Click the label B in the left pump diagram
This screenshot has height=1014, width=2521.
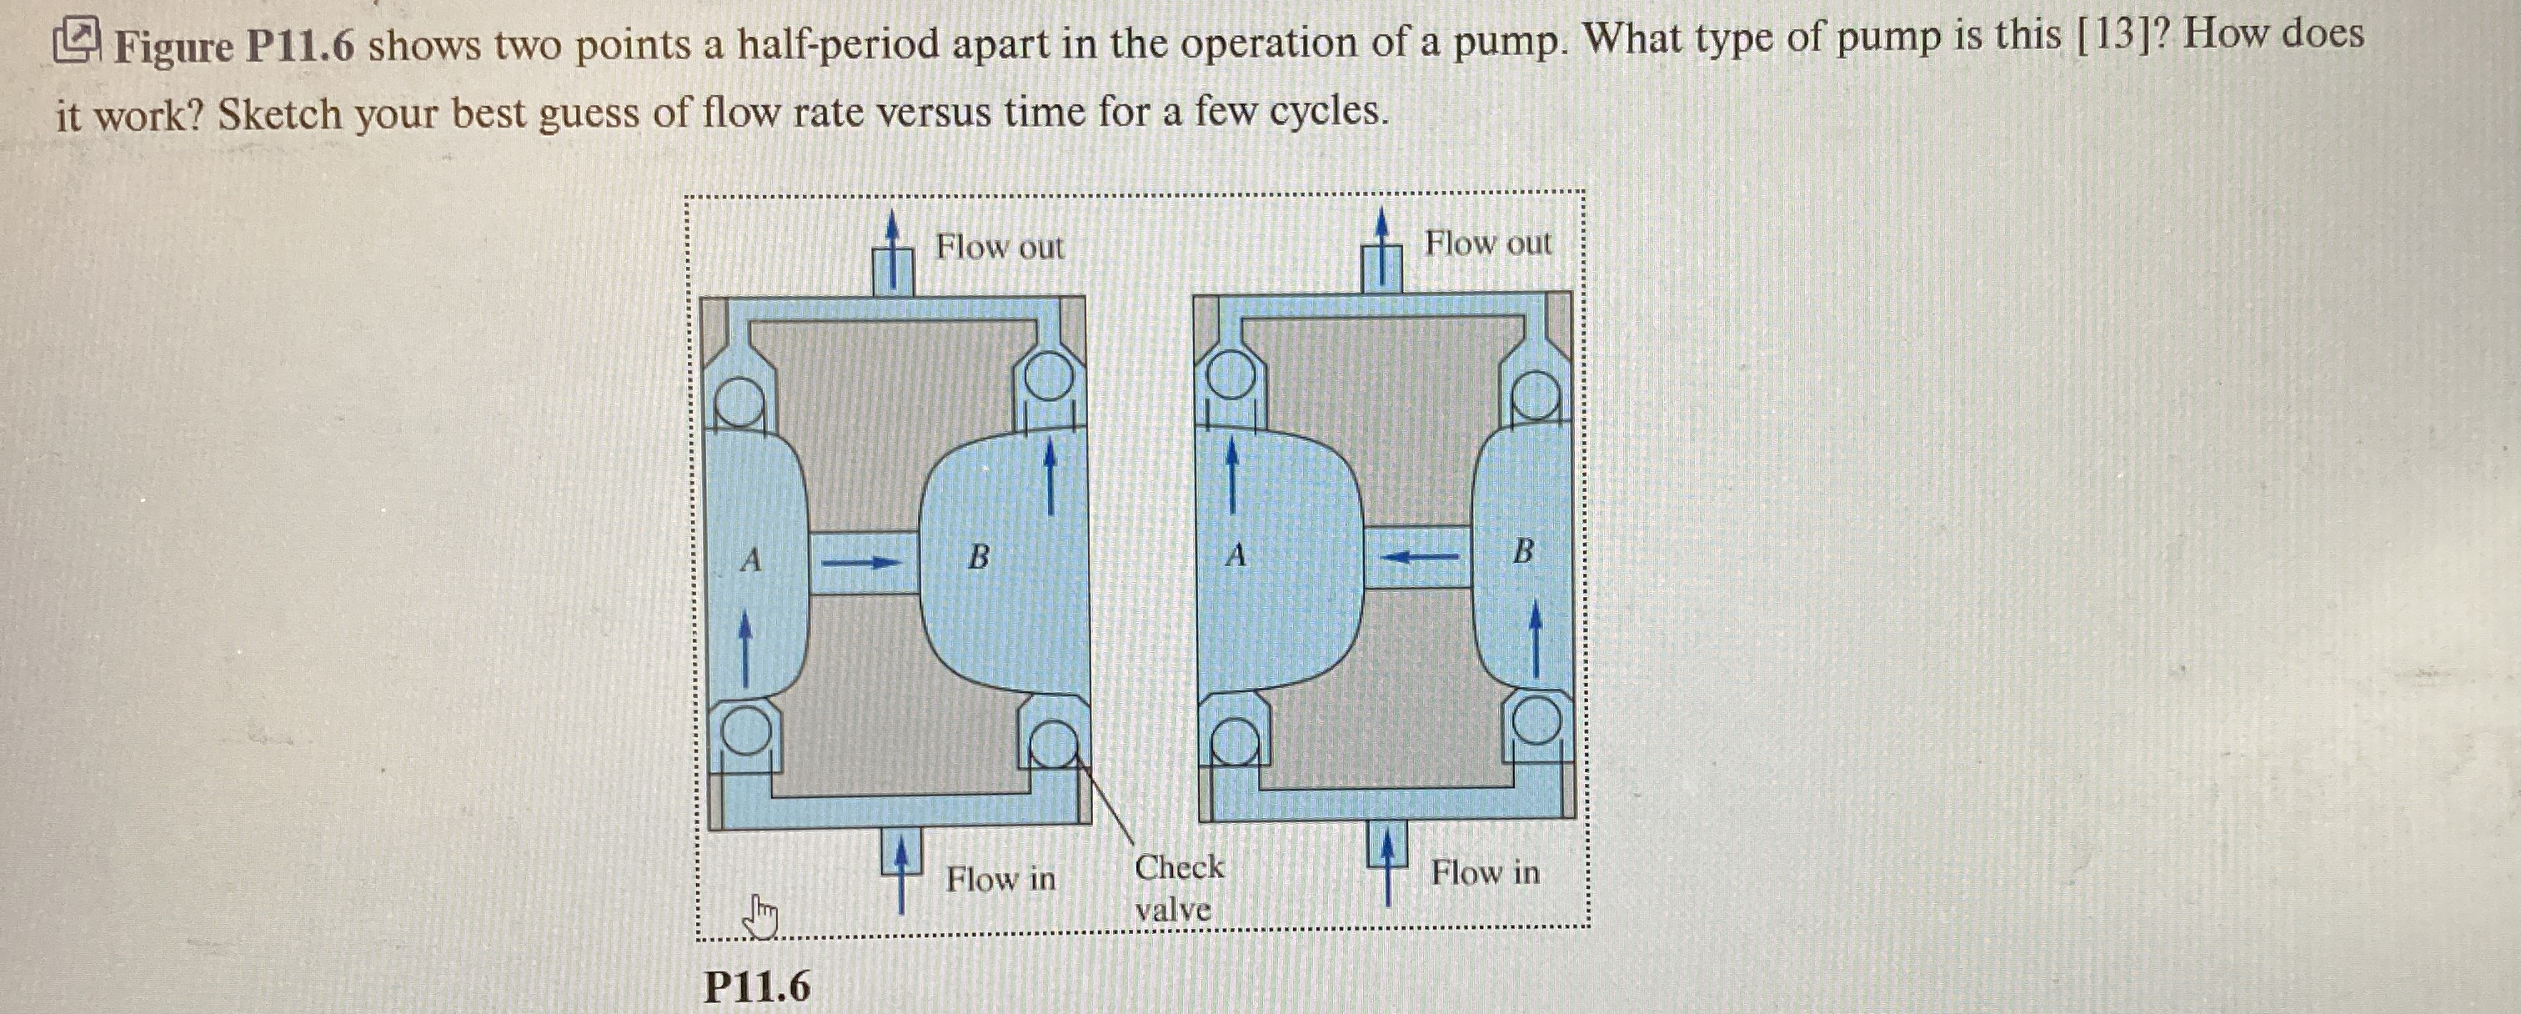tap(978, 558)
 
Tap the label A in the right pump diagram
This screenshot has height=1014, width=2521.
tap(1236, 557)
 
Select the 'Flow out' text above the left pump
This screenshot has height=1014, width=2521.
tap(1000, 247)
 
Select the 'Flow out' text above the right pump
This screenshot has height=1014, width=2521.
tap(1487, 243)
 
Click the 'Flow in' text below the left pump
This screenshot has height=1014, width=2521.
tap(1000, 879)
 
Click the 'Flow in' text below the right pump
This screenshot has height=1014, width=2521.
tap(1485, 871)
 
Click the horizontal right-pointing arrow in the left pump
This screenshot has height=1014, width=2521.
tap(860, 563)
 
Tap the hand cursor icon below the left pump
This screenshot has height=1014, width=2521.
tap(760, 918)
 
